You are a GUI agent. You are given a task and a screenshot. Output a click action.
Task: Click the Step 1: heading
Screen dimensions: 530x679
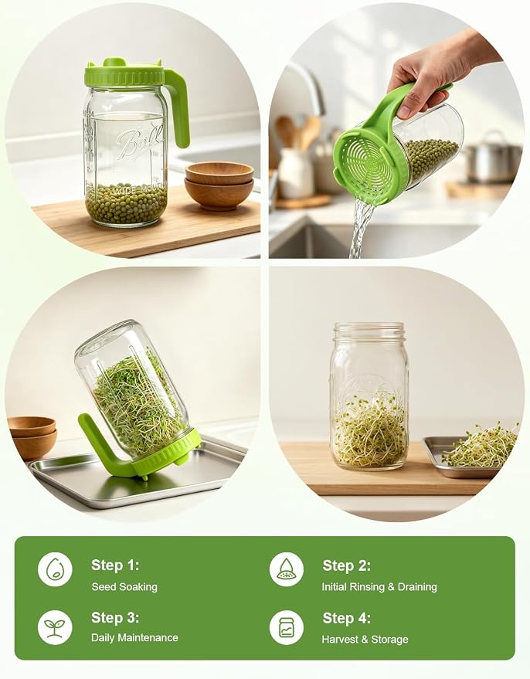[x=115, y=565]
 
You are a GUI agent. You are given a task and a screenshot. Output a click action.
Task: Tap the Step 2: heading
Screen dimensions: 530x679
[x=346, y=565]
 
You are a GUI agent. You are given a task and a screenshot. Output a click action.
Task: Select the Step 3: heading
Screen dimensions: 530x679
[x=115, y=617]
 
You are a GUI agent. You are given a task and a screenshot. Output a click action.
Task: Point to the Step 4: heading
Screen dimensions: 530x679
[x=346, y=618]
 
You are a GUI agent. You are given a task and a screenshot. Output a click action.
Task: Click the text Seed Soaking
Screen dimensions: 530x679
[x=124, y=587]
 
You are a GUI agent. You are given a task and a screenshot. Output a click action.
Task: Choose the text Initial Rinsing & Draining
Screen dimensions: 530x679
[x=379, y=587]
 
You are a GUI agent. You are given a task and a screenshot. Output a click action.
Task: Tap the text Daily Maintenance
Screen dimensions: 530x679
[x=134, y=637]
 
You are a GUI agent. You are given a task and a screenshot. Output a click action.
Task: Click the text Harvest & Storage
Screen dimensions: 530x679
[x=365, y=639]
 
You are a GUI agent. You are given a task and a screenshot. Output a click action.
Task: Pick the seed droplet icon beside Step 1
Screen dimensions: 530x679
[x=55, y=569]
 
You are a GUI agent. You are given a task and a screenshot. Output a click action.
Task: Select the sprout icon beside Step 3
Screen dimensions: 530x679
[x=55, y=627]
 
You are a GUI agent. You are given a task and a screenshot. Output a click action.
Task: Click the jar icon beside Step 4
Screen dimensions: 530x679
[x=286, y=627]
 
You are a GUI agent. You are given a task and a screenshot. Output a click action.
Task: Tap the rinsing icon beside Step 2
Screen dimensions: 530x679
[x=286, y=569]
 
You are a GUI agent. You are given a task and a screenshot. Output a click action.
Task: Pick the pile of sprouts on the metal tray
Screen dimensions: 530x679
[x=481, y=448]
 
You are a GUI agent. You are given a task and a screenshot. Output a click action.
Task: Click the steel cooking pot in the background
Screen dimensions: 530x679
[x=494, y=158]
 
